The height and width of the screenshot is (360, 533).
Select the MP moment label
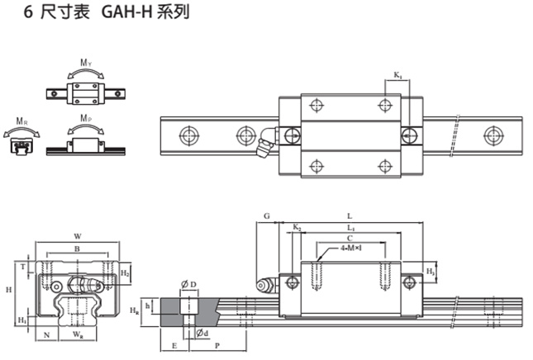pyautogui.click(x=85, y=121)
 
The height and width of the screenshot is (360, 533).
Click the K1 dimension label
pyautogui.click(x=397, y=76)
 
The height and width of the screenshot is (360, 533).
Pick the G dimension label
pyautogui.click(x=266, y=216)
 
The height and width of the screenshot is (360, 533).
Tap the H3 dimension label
pyautogui.click(x=430, y=271)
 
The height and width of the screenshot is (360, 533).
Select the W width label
pyautogui.click(x=78, y=234)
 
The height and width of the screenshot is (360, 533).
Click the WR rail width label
pyautogui.click(x=78, y=335)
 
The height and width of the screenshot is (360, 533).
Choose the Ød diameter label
pyautogui.click(x=202, y=332)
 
